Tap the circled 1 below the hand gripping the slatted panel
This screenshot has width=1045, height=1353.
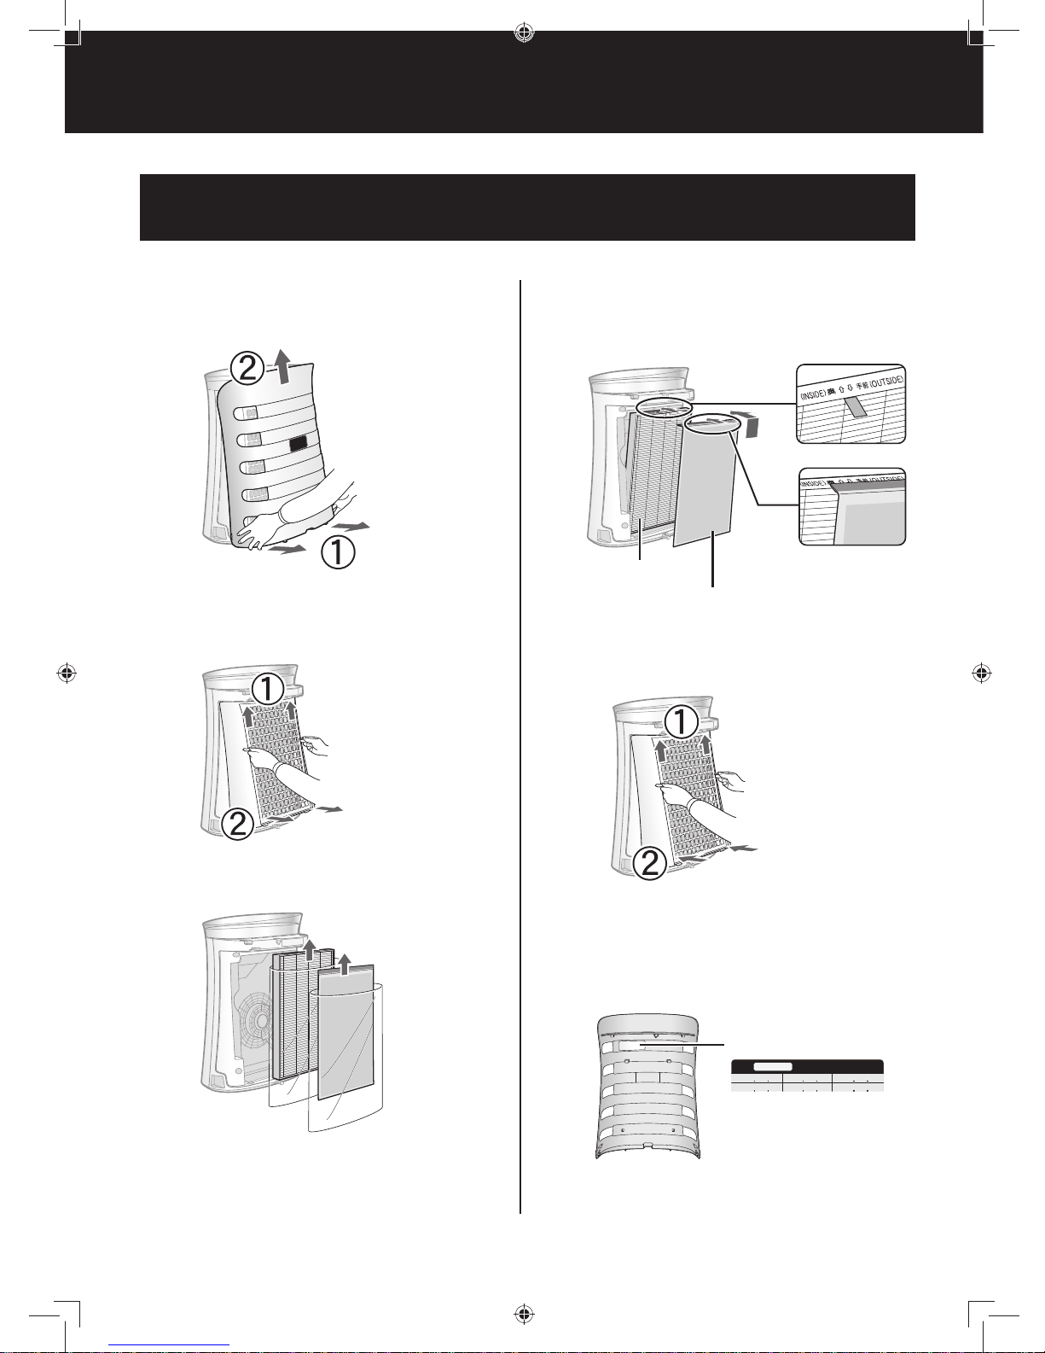[339, 554]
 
